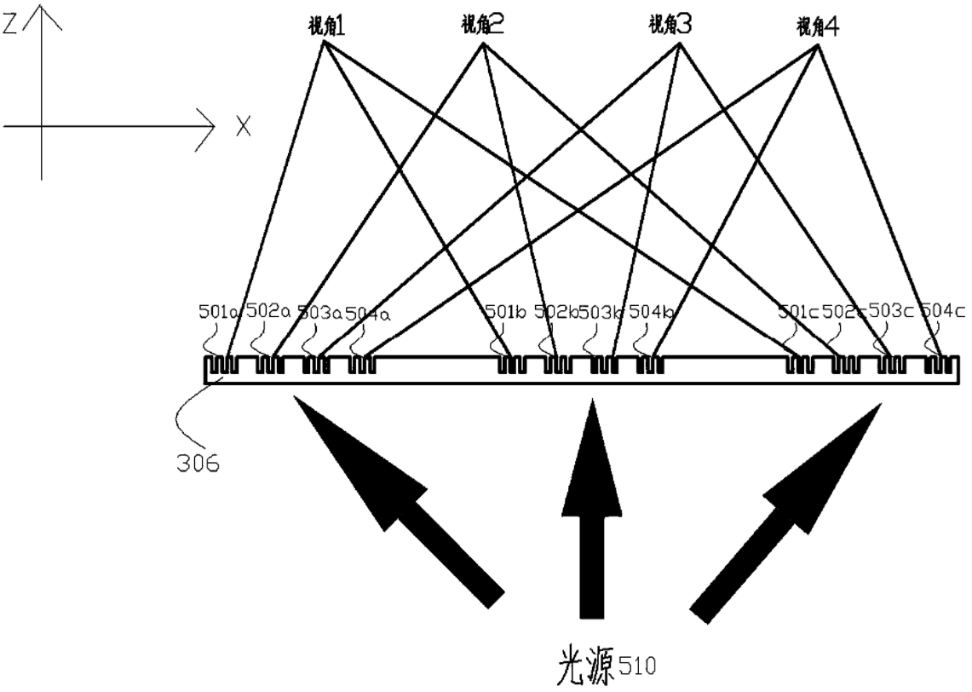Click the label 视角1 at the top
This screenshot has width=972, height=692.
325,26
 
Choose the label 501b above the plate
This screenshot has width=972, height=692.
504,313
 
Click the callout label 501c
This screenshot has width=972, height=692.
798,313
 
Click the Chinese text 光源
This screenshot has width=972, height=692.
583,662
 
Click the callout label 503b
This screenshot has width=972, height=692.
601,313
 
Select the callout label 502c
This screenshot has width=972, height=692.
846,313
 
